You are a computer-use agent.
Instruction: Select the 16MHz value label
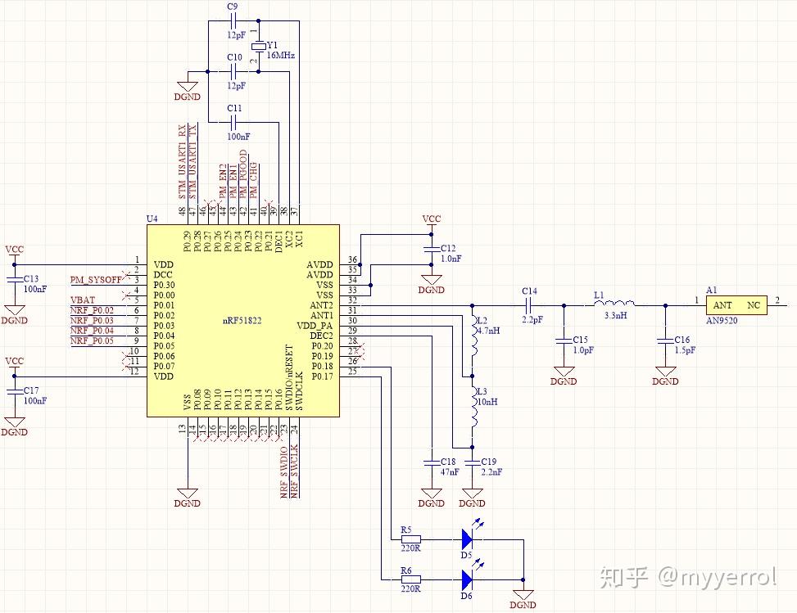[x=280, y=56]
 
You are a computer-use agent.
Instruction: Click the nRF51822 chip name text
[x=242, y=320]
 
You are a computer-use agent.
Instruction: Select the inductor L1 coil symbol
[x=614, y=304]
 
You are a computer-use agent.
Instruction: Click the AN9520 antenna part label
[x=722, y=321]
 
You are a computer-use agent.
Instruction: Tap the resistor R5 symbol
[x=410, y=539]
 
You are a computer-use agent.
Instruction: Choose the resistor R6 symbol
[x=410, y=579]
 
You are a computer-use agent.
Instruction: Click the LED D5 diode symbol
[x=467, y=539]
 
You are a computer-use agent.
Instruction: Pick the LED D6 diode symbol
[x=467, y=579]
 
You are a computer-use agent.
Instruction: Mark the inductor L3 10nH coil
[x=472, y=403]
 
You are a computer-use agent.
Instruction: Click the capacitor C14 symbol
[x=529, y=304]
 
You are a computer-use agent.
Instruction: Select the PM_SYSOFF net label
[x=95, y=280]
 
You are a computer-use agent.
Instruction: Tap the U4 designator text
[x=152, y=219]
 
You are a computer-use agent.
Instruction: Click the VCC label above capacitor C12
[x=431, y=219]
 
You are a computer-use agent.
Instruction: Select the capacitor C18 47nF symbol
[x=431, y=462]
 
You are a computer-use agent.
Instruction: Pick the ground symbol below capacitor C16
[x=665, y=378]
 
